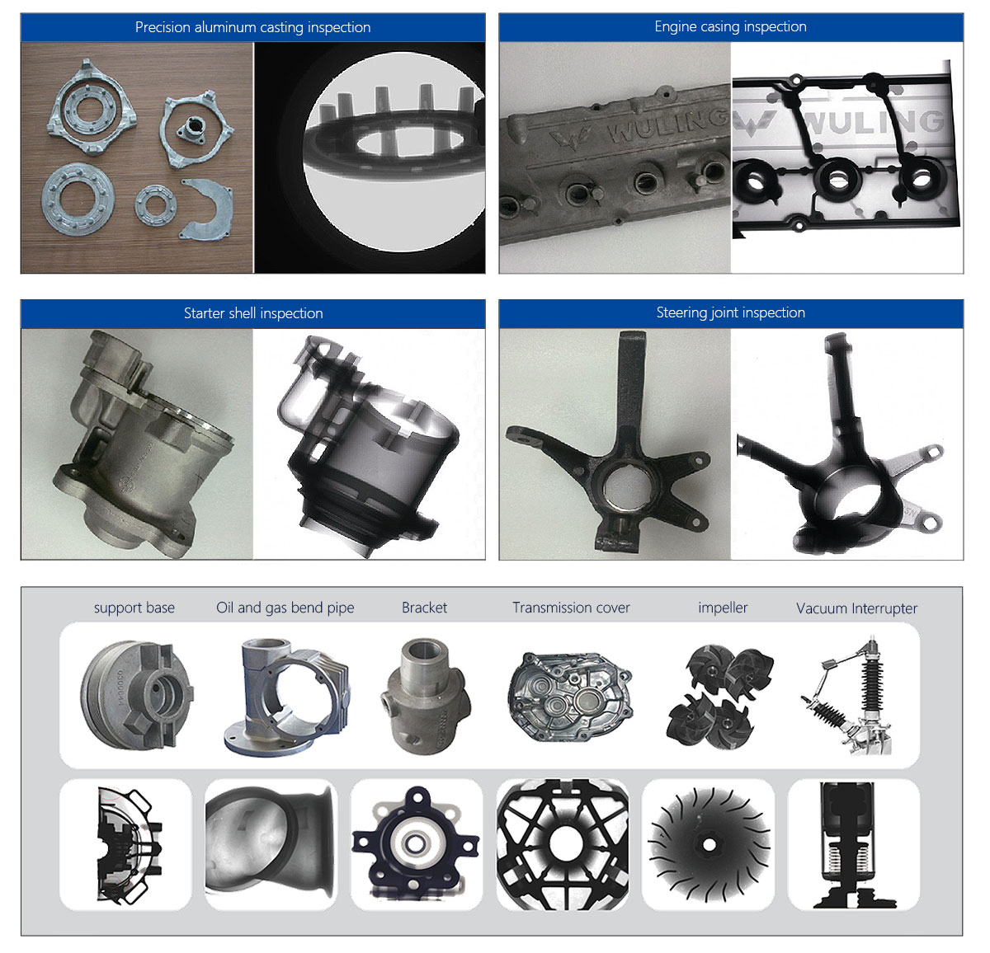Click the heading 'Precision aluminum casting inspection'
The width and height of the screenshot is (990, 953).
point(252,27)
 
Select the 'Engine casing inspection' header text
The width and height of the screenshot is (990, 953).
point(730,26)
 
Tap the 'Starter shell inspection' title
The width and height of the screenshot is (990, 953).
point(252,313)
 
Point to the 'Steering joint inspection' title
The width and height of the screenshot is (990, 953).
point(730,312)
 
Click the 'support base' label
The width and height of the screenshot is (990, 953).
point(134,608)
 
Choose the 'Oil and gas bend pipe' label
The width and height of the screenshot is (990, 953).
point(285,608)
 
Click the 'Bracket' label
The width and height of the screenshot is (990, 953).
point(424,608)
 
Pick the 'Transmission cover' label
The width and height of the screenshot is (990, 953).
point(571,608)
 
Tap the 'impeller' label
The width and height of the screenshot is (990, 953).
point(723,608)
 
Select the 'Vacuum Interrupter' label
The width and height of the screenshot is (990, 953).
point(856,608)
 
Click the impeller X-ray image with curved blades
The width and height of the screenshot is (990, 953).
point(708,845)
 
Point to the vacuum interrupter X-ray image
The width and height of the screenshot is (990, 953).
point(853,845)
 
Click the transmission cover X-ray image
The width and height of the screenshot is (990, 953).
point(563,845)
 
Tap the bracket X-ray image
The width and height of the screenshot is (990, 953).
point(416,845)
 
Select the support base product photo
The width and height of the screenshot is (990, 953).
point(137,694)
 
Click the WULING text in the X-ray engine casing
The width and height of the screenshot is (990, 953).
point(873,124)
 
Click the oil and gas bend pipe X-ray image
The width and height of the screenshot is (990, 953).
point(271,845)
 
